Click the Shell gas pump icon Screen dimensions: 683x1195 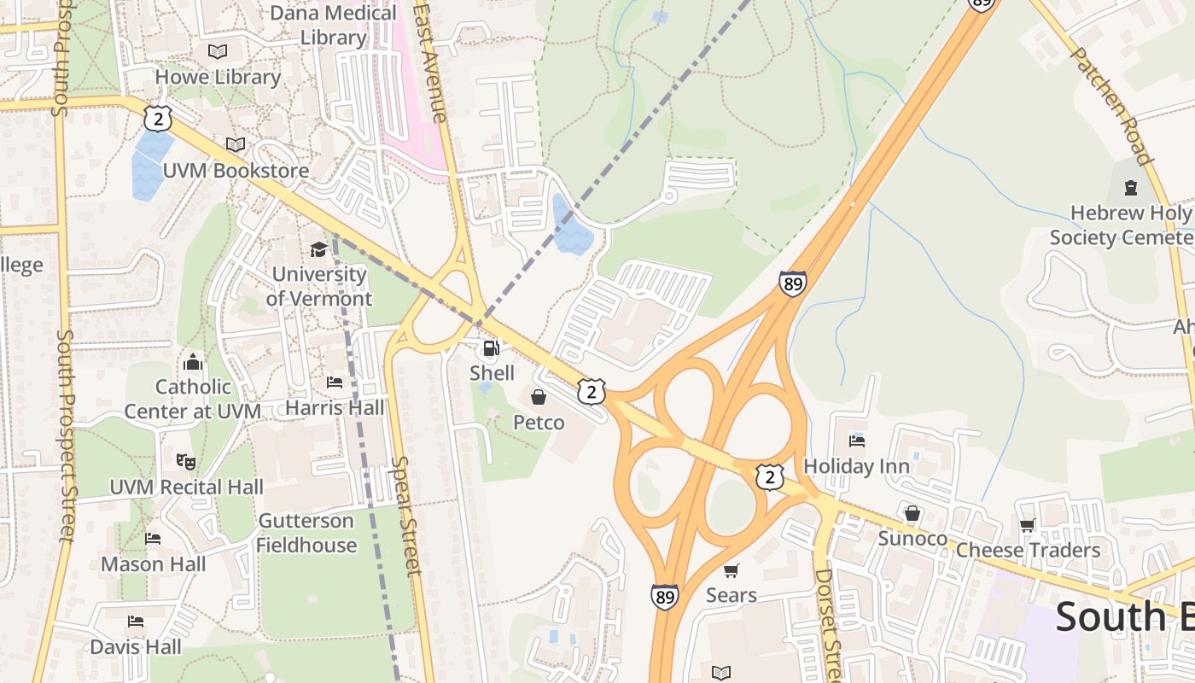pos(491,348)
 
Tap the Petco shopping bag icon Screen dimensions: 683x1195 pos(539,397)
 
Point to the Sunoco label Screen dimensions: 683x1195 pos(912,539)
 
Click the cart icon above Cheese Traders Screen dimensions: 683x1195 pos(1027,526)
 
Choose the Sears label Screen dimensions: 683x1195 pos(731,595)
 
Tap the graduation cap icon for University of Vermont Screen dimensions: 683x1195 pos(318,249)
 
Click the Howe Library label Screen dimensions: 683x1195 pos(218,77)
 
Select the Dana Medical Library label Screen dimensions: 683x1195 pos(333,26)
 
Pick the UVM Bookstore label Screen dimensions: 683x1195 pos(236,170)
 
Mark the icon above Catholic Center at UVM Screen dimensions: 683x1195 pos(193,362)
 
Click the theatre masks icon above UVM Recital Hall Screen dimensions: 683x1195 pos(185,462)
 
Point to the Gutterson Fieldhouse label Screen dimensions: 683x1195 pos(306,533)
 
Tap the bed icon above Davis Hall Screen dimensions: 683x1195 pos(135,621)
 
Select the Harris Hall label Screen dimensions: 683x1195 pos(335,408)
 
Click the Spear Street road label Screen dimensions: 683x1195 pos(406,516)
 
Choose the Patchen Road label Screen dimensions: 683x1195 pos(1110,104)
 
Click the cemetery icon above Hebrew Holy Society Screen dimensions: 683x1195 pos(1131,187)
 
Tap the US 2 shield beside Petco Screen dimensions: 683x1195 pos(591,392)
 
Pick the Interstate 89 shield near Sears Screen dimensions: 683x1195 pos(664,596)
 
